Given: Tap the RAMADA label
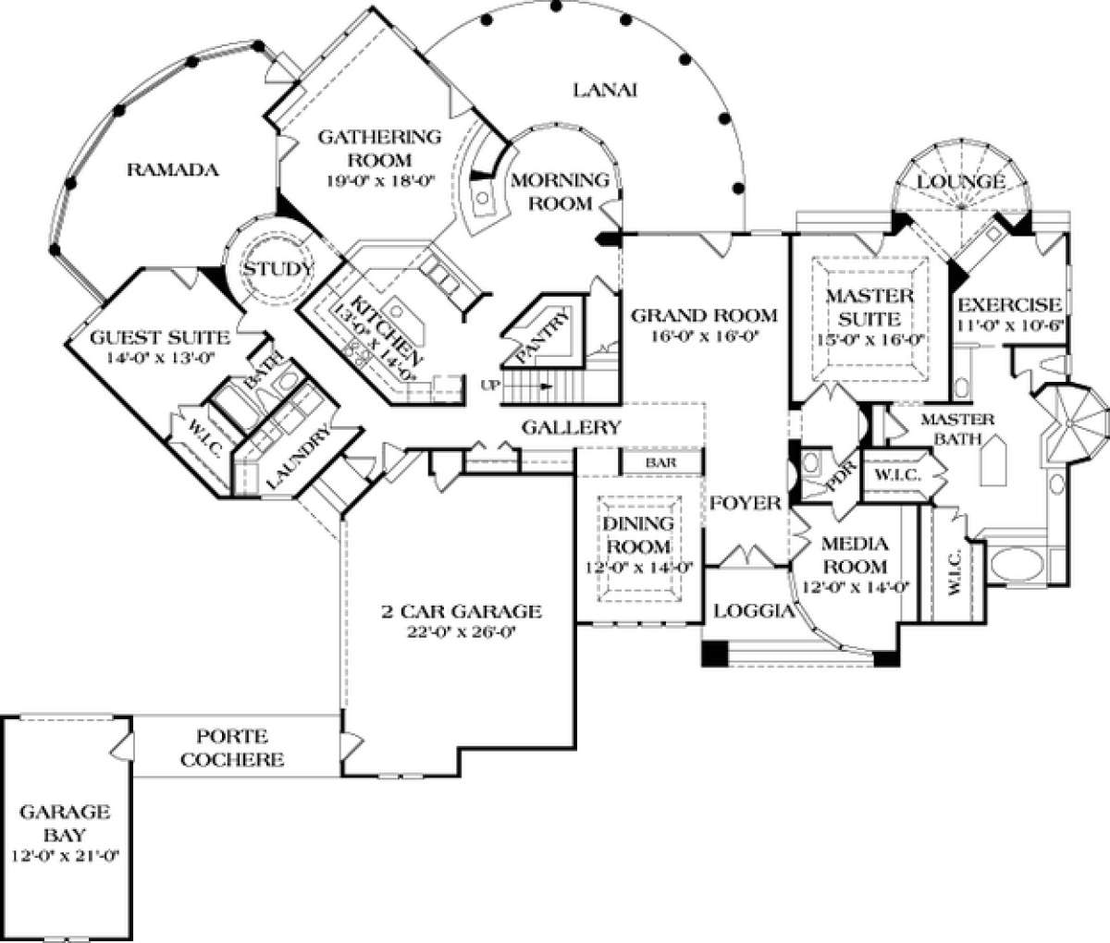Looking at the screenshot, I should (x=172, y=169).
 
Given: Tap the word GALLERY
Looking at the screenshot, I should (x=570, y=427).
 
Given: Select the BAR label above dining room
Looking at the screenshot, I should (x=660, y=461).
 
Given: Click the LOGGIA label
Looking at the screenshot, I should (x=754, y=610).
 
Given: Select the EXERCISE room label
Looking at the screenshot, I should (x=1008, y=305).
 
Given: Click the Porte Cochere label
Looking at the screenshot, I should (x=232, y=749).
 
